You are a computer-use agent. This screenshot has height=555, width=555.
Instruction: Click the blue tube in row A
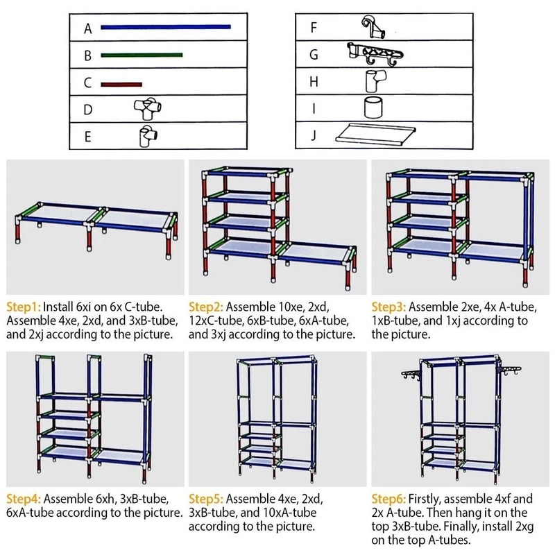(165, 27)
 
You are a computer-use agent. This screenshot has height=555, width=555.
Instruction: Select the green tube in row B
(142, 55)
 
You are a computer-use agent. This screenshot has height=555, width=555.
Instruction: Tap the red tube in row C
(121, 84)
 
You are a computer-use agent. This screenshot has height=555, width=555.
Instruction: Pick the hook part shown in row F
(372, 28)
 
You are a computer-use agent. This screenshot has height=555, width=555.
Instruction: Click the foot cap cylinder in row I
(374, 108)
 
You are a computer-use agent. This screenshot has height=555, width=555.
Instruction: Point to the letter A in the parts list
(88, 29)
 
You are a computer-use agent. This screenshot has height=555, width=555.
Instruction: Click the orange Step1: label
(25, 305)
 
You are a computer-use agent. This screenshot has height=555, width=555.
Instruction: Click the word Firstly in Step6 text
(430, 498)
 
